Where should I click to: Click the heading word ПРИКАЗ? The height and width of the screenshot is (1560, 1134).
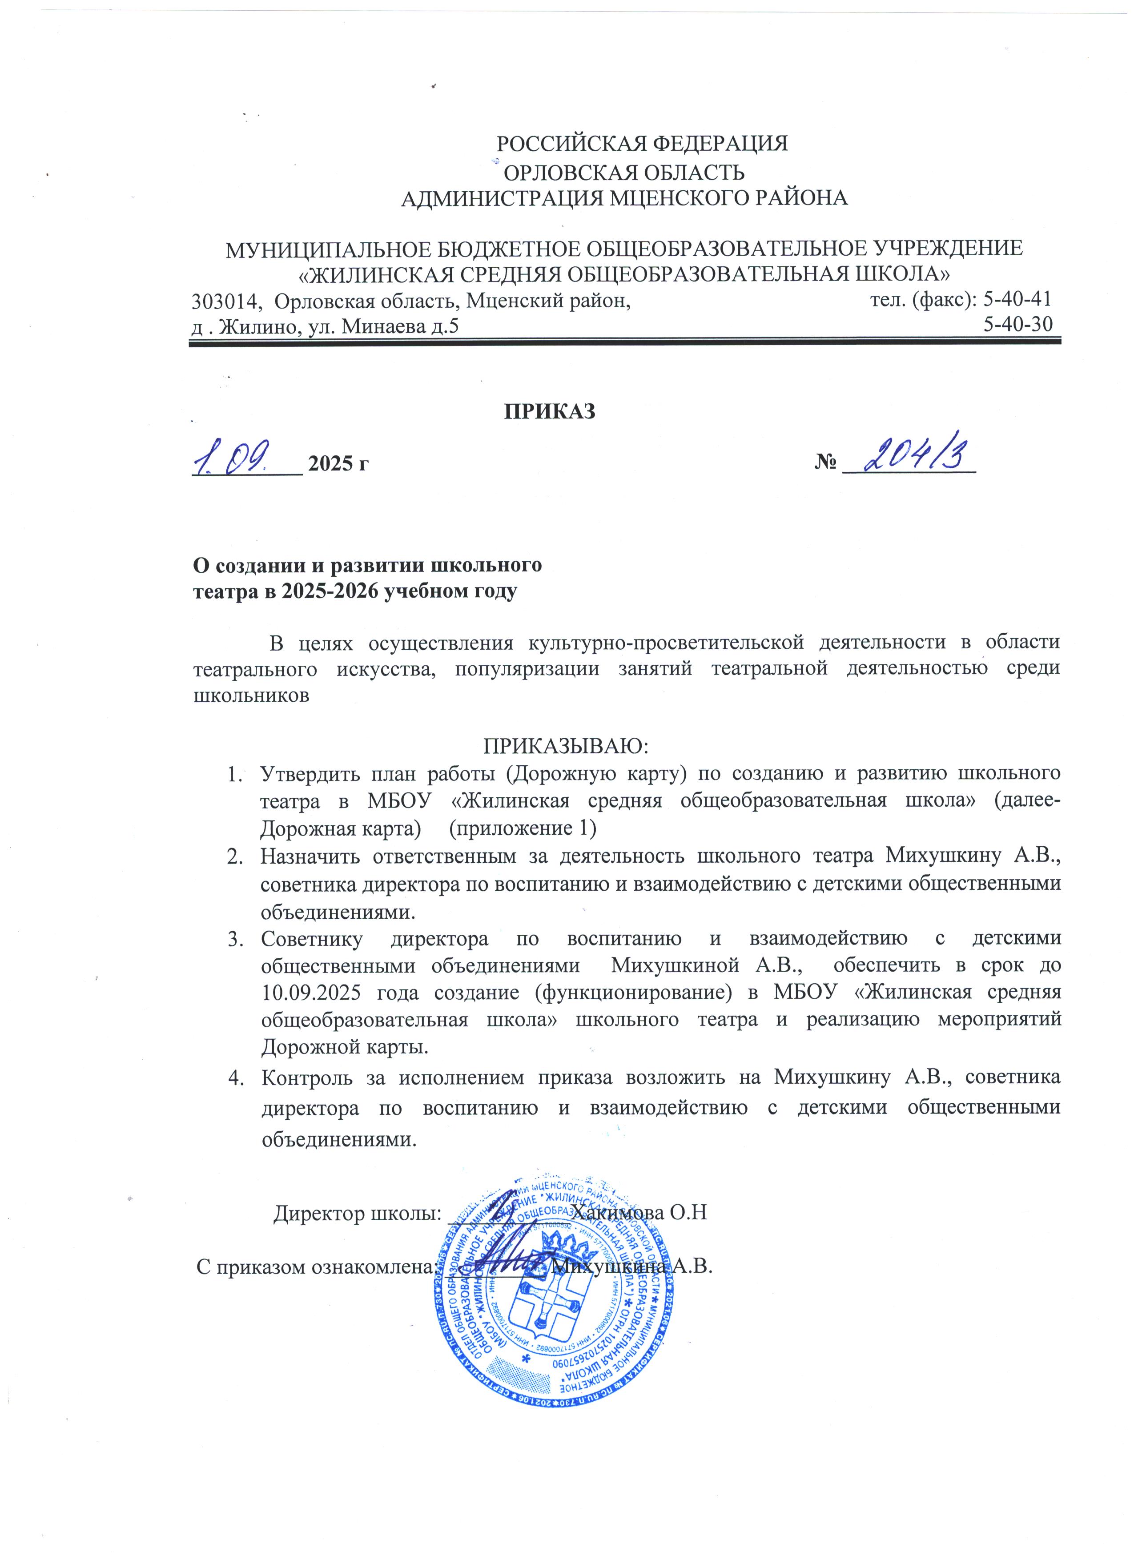(x=550, y=411)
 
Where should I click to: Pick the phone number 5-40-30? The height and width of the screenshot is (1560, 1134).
(x=1018, y=324)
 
